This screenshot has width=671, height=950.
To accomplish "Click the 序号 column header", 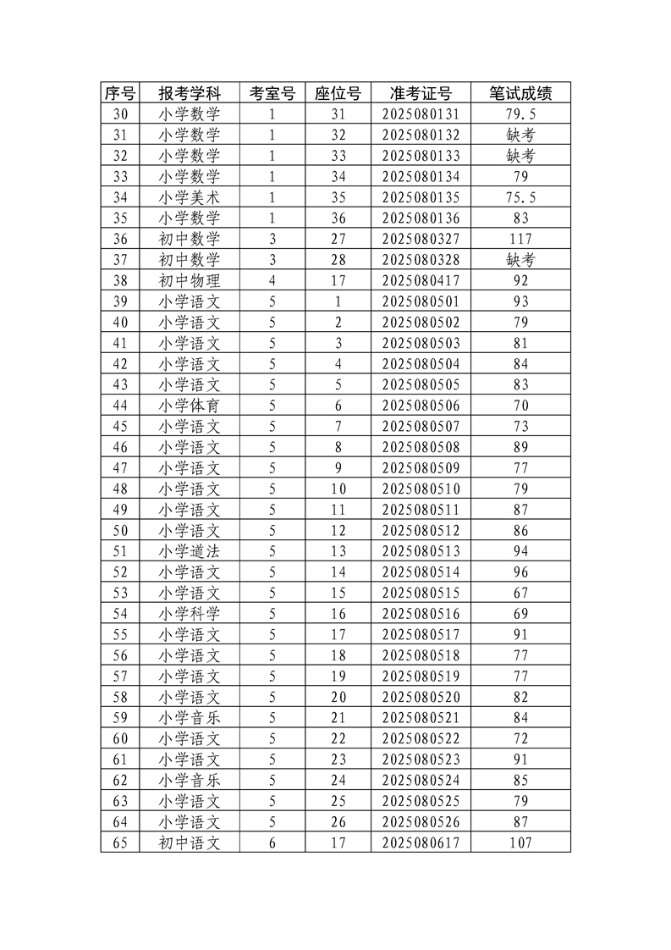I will [119, 93].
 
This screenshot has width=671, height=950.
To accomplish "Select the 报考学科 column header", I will [190, 93].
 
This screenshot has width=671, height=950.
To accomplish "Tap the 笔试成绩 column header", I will [521, 93].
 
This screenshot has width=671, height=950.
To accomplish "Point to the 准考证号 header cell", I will [421, 93].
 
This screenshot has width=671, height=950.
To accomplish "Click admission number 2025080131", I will [421, 114].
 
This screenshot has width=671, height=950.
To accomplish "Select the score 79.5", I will [521, 114].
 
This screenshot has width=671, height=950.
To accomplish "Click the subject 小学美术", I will [190, 197].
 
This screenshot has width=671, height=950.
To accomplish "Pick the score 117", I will [521, 239].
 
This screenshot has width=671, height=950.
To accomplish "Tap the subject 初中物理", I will [190, 280].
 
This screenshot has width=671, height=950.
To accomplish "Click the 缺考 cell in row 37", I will [521, 260].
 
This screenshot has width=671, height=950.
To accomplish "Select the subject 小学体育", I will [190, 406].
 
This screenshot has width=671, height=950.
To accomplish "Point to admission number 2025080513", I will [421, 551].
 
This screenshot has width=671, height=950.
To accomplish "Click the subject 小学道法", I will [190, 551].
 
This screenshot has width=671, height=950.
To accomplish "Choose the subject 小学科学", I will [190, 614].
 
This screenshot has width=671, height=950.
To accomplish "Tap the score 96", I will [521, 572].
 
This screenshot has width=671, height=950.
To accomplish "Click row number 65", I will [119, 842].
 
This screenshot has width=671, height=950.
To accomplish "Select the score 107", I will [521, 842].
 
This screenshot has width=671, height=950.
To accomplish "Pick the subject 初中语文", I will [190, 842].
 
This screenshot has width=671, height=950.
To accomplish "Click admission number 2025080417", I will [421, 280].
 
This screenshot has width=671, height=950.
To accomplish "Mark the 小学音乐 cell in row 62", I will [190, 780].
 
